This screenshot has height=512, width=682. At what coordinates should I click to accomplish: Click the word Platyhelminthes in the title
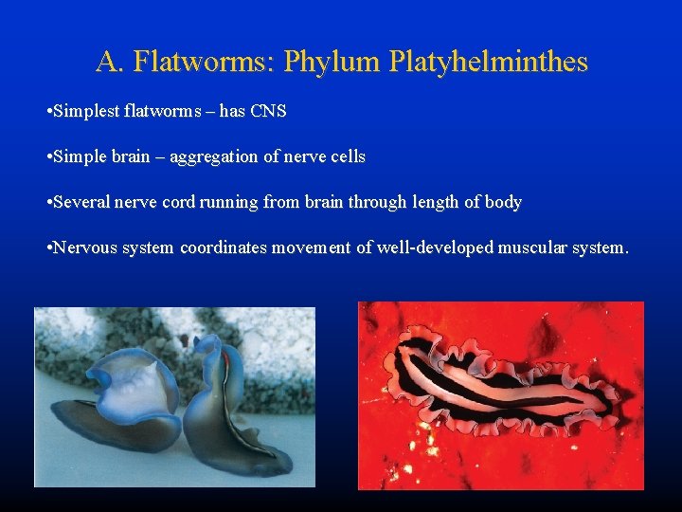tap(489, 63)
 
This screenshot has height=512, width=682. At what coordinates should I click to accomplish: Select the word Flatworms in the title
tap(203, 63)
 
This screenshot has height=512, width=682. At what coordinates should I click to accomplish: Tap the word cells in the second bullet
tap(346, 157)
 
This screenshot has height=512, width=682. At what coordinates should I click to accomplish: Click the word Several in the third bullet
tap(82, 203)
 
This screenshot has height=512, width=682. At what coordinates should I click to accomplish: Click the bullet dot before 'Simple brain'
tap(48, 157)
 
